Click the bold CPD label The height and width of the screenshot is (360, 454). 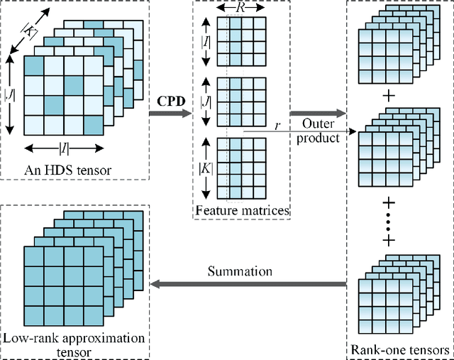pos(170,101)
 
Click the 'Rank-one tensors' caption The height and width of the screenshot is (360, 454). pos(400,350)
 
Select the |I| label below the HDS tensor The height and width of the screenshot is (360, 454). pos(63,149)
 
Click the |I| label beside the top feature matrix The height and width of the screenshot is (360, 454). pos(206,43)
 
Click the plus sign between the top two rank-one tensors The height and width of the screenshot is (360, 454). pos(387,95)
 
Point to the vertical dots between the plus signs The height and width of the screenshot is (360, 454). pos(387,221)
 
